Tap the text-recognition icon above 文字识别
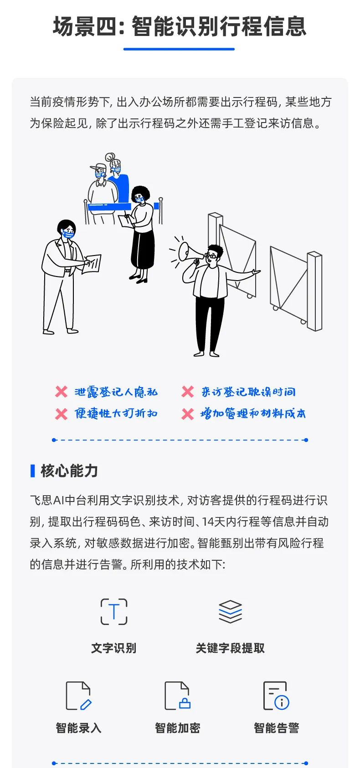coord(114,611)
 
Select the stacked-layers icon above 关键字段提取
coord(230,611)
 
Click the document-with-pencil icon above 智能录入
coord(78,696)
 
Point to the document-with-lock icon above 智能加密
coord(177,696)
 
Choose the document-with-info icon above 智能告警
coord(276,696)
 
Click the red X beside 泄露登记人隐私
coord(61,392)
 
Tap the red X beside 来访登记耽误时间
coord(188,392)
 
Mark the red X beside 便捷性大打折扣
coord(61,414)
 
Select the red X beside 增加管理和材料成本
coord(188,414)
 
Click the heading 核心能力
coord(69,471)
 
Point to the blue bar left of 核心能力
coord(32,471)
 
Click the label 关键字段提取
coord(230,648)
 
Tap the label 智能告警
coord(276,728)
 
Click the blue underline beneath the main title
coord(179,49)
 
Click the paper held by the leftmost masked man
coord(93,264)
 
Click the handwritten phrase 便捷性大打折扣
coord(116,414)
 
